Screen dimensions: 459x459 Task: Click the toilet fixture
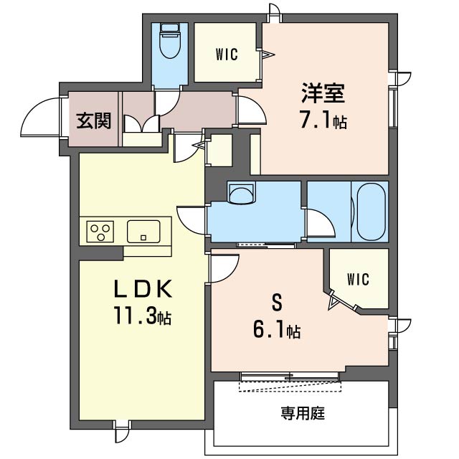tap(169, 41)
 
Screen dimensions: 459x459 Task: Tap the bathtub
tap(372, 212)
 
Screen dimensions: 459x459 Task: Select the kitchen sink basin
tap(143, 232)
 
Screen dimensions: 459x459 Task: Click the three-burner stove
tap(100, 232)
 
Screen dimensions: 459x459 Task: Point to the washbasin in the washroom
tap(241, 193)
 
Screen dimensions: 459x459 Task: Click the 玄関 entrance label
tap(94, 120)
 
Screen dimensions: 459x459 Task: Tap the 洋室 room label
tap(323, 93)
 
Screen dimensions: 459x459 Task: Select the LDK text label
tap(143, 288)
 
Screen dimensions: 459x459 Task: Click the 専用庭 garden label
tap(303, 413)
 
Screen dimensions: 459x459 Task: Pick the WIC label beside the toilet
tap(227, 55)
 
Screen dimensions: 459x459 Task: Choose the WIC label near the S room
tap(358, 279)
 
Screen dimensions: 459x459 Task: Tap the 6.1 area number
tap(270, 330)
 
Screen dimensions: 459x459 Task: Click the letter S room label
tap(278, 303)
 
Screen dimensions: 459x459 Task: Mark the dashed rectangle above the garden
tap(290, 386)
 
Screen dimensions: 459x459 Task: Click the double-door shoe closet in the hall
tap(142, 123)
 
